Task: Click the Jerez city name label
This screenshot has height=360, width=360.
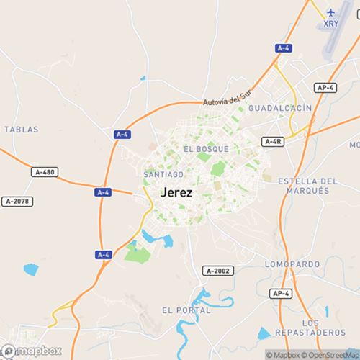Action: click(x=178, y=193)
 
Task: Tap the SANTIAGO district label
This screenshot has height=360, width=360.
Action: click(x=163, y=174)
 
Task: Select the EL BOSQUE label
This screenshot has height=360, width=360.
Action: click(x=206, y=149)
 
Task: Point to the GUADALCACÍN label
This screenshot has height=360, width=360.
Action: click(x=279, y=107)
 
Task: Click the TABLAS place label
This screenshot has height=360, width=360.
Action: click(x=21, y=130)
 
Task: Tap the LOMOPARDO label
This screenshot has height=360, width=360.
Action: click(x=292, y=264)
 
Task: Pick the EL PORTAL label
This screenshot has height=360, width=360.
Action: click(x=186, y=310)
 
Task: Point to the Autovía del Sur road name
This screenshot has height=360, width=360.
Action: click(x=228, y=96)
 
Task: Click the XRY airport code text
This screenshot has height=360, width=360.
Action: click(x=330, y=24)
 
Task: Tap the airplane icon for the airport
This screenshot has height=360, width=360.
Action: click(x=330, y=12)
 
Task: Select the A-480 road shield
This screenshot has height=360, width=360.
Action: click(x=45, y=173)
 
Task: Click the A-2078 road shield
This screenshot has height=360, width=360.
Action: click(x=17, y=201)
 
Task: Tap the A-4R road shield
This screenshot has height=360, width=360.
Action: click(x=273, y=142)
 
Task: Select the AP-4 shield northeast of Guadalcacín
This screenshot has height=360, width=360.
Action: click(x=325, y=88)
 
